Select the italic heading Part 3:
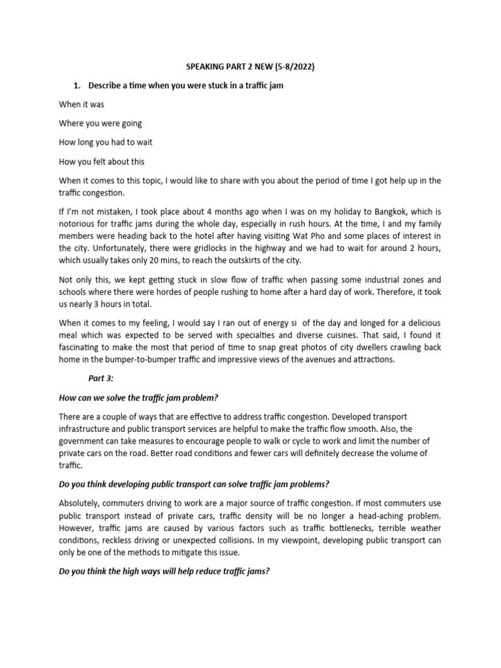point(102,378)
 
